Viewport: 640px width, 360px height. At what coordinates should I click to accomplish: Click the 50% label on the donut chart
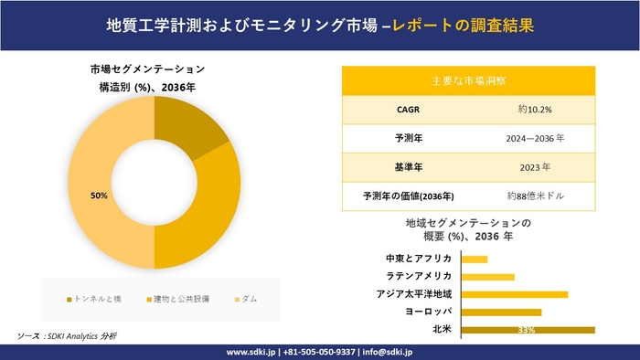pos(99,196)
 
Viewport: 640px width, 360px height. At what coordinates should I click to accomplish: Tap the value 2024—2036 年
pos(534,138)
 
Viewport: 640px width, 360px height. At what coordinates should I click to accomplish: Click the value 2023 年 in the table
pos(534,167)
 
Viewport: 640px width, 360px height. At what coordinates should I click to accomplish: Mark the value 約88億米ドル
pos(534,196)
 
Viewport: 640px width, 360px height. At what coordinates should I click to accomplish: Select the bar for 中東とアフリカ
pos(475,259)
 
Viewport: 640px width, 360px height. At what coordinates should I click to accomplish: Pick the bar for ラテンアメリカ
pos(487,277)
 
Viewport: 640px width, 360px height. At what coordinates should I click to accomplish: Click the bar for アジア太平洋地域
pos(514,294)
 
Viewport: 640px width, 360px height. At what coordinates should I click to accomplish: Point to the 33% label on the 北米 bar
pos(526,330)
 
